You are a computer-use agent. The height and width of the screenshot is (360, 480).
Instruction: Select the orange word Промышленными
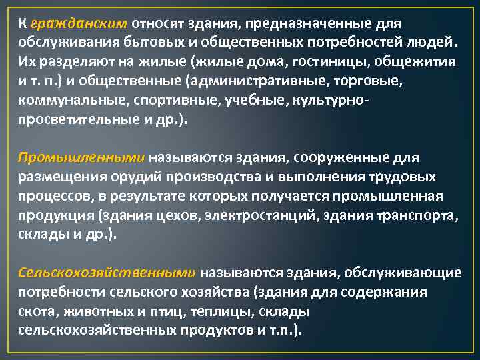(x=81, y=158)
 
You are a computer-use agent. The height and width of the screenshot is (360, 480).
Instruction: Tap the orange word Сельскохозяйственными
(x=107, y=273)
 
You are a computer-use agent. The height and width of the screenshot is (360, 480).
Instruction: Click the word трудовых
(x=404, y=177)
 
